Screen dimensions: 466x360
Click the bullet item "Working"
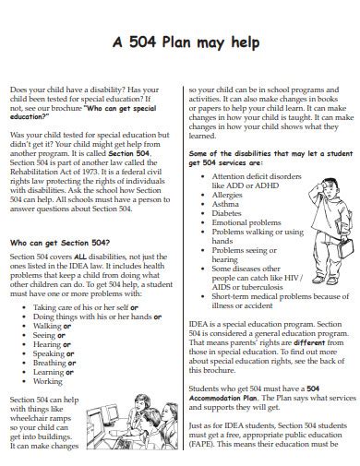(x=48, y=381)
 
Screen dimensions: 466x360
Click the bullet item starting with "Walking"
(x=53, y=327)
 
